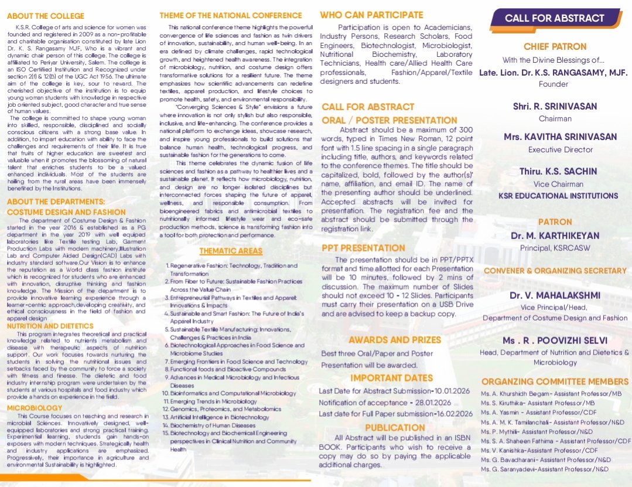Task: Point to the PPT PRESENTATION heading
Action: pos(363,248)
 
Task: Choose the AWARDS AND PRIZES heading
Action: pos(395,340)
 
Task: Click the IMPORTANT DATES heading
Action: pos(391,378)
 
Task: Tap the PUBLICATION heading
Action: pos(394,428)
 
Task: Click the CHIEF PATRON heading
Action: pos(554,46)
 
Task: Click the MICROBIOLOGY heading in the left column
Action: pos(35,407)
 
